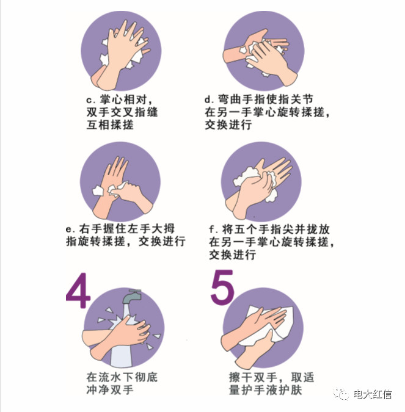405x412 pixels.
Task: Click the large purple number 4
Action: coord(79,291)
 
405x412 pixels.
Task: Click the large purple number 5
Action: coord(222,287)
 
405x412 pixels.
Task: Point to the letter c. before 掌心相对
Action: coord(91,100)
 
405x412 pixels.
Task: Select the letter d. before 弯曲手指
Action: coord(209,99)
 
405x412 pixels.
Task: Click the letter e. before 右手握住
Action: coord(70,229)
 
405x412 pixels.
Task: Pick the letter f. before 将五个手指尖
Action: coord(213,229)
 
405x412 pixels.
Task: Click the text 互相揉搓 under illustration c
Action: coord(110,125)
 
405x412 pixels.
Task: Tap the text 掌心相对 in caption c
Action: coord(123,99)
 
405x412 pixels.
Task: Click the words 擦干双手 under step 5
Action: coord(253,377)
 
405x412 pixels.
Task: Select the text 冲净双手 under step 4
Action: coord(110,389)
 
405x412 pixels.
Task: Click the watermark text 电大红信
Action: coord(373,394)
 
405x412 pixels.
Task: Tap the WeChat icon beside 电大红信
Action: coord(341,394)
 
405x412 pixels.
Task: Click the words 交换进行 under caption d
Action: coord(228,125)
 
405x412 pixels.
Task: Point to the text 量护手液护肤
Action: coord(265,389)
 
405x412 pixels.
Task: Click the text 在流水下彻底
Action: coord(122,377)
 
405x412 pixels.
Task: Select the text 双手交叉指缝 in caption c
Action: coord(122,112)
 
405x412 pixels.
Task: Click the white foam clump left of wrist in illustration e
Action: coord(98,190)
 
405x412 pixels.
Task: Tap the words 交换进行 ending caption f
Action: coord(233,255)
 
